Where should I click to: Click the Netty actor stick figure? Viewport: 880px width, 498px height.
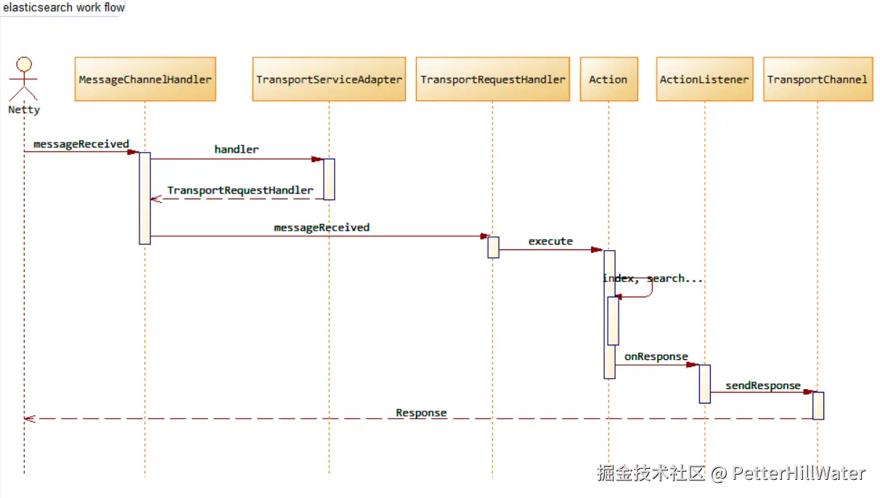tap(23, 79)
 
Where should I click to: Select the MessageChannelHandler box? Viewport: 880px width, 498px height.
tap(145, 79)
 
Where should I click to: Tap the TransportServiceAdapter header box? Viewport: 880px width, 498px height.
tap(329, 79)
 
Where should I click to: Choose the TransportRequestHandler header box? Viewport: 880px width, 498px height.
tap(493, 79)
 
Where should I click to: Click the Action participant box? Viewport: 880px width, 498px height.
tap(609, 79)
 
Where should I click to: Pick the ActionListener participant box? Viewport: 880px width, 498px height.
tap(704, 79)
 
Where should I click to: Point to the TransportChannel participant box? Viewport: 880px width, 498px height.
tap(818, 79)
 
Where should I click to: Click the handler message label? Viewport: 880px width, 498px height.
tap(237, 150)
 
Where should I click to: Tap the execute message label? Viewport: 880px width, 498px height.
tap(550, 241)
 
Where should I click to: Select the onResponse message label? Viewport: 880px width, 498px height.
tap(656, 356)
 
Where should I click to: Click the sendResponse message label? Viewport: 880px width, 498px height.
tap(763, 385)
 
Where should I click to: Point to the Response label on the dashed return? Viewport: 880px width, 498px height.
tap(421, 413)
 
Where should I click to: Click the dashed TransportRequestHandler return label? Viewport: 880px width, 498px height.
tap(240, 190)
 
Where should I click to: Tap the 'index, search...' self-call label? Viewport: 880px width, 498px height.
tap(653, 278)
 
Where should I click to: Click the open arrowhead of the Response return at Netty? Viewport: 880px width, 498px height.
tap(30, 419)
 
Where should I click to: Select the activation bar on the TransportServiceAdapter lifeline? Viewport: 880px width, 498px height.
tap(329, 180)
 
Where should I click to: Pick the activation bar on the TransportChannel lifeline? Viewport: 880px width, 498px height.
tap(818, 406)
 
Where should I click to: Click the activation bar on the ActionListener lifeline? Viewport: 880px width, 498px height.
tap(705, 384)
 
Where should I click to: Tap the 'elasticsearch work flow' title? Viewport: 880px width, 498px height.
tap(64, 7)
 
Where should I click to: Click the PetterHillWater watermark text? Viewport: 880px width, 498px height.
tap(799, 473)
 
